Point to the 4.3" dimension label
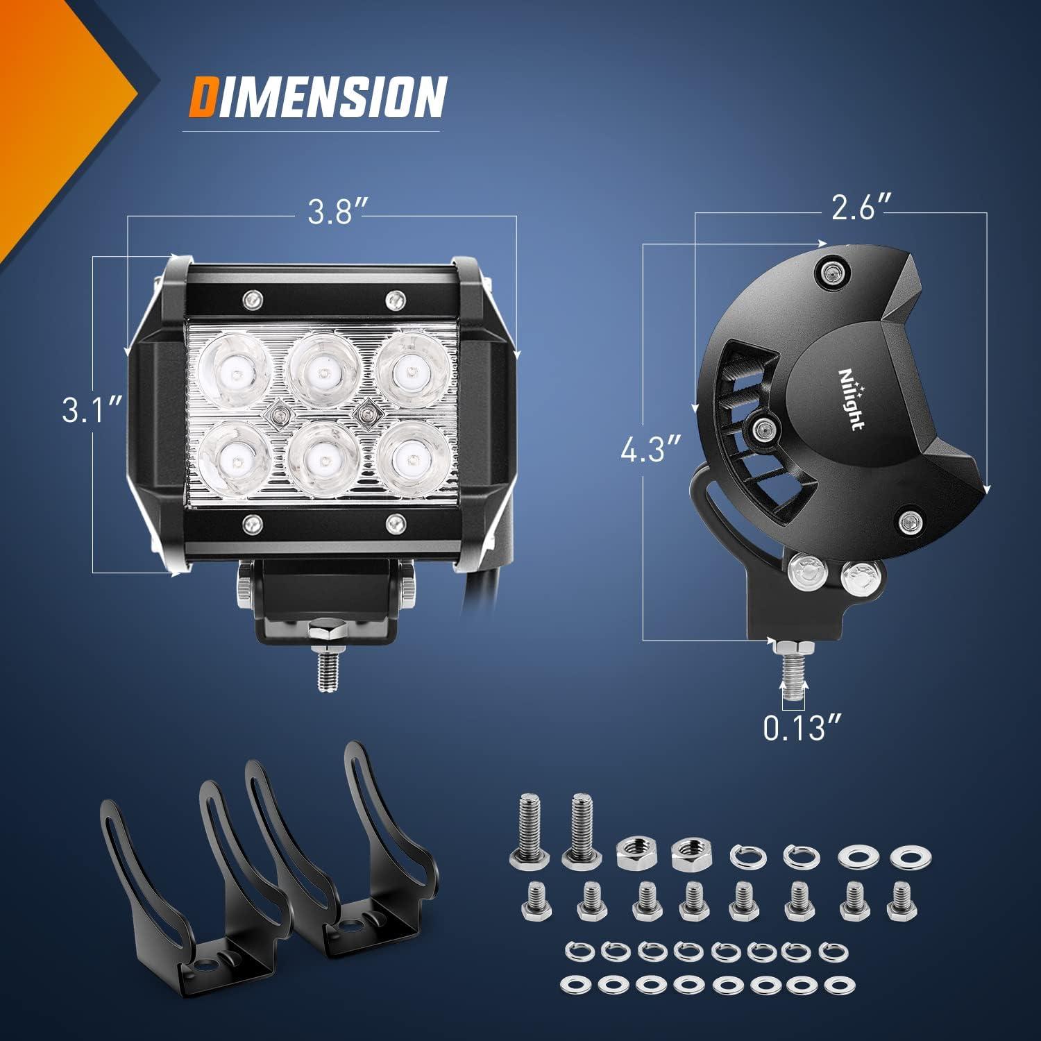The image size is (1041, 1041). pos(650,451)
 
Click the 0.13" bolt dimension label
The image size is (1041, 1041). pos(802,729)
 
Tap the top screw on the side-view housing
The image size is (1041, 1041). pos(831,272)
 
